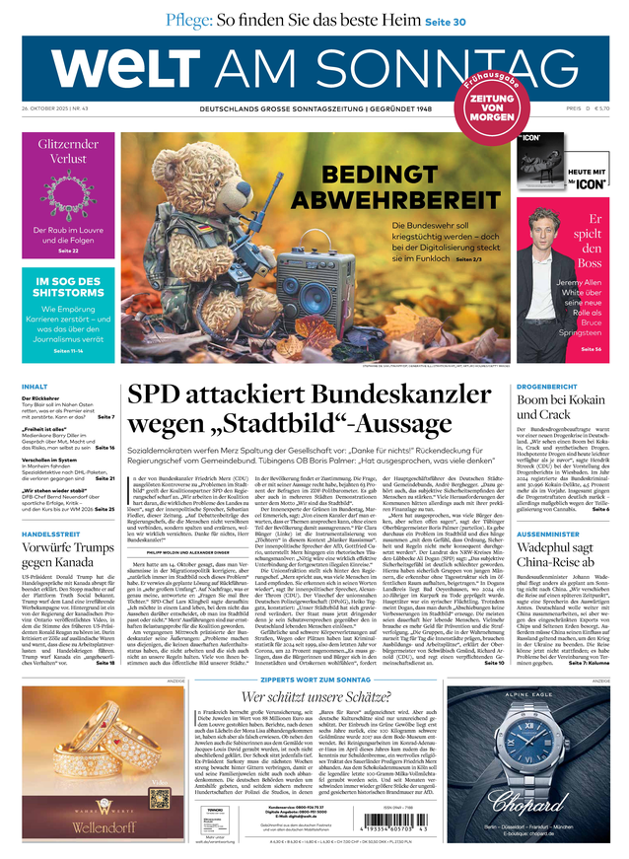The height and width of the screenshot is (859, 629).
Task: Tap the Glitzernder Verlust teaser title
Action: [x=69, y=150]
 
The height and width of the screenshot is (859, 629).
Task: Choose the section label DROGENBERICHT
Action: [x=546, y=387]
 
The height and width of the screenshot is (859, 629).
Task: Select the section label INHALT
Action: [x=35, y=387]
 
